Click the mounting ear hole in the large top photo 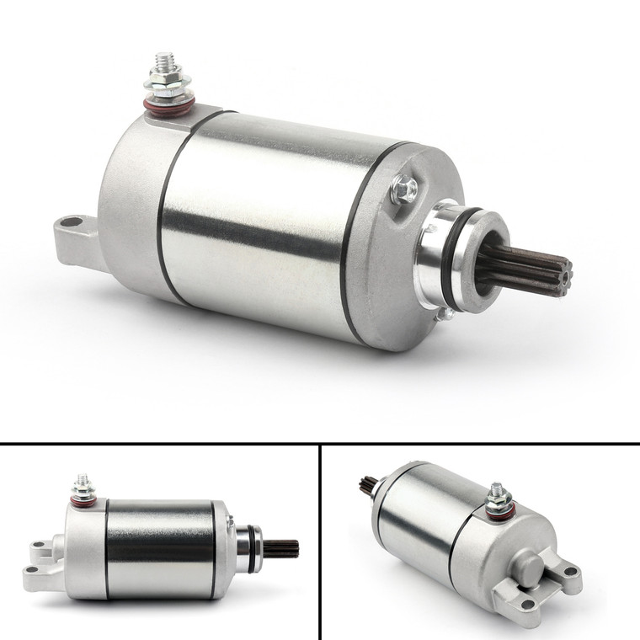pos(71,222)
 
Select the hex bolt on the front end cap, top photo pos(404,189)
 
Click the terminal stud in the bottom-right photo pos(496,490)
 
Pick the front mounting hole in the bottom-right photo pos(528,604)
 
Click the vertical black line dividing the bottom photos pos(320,543)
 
